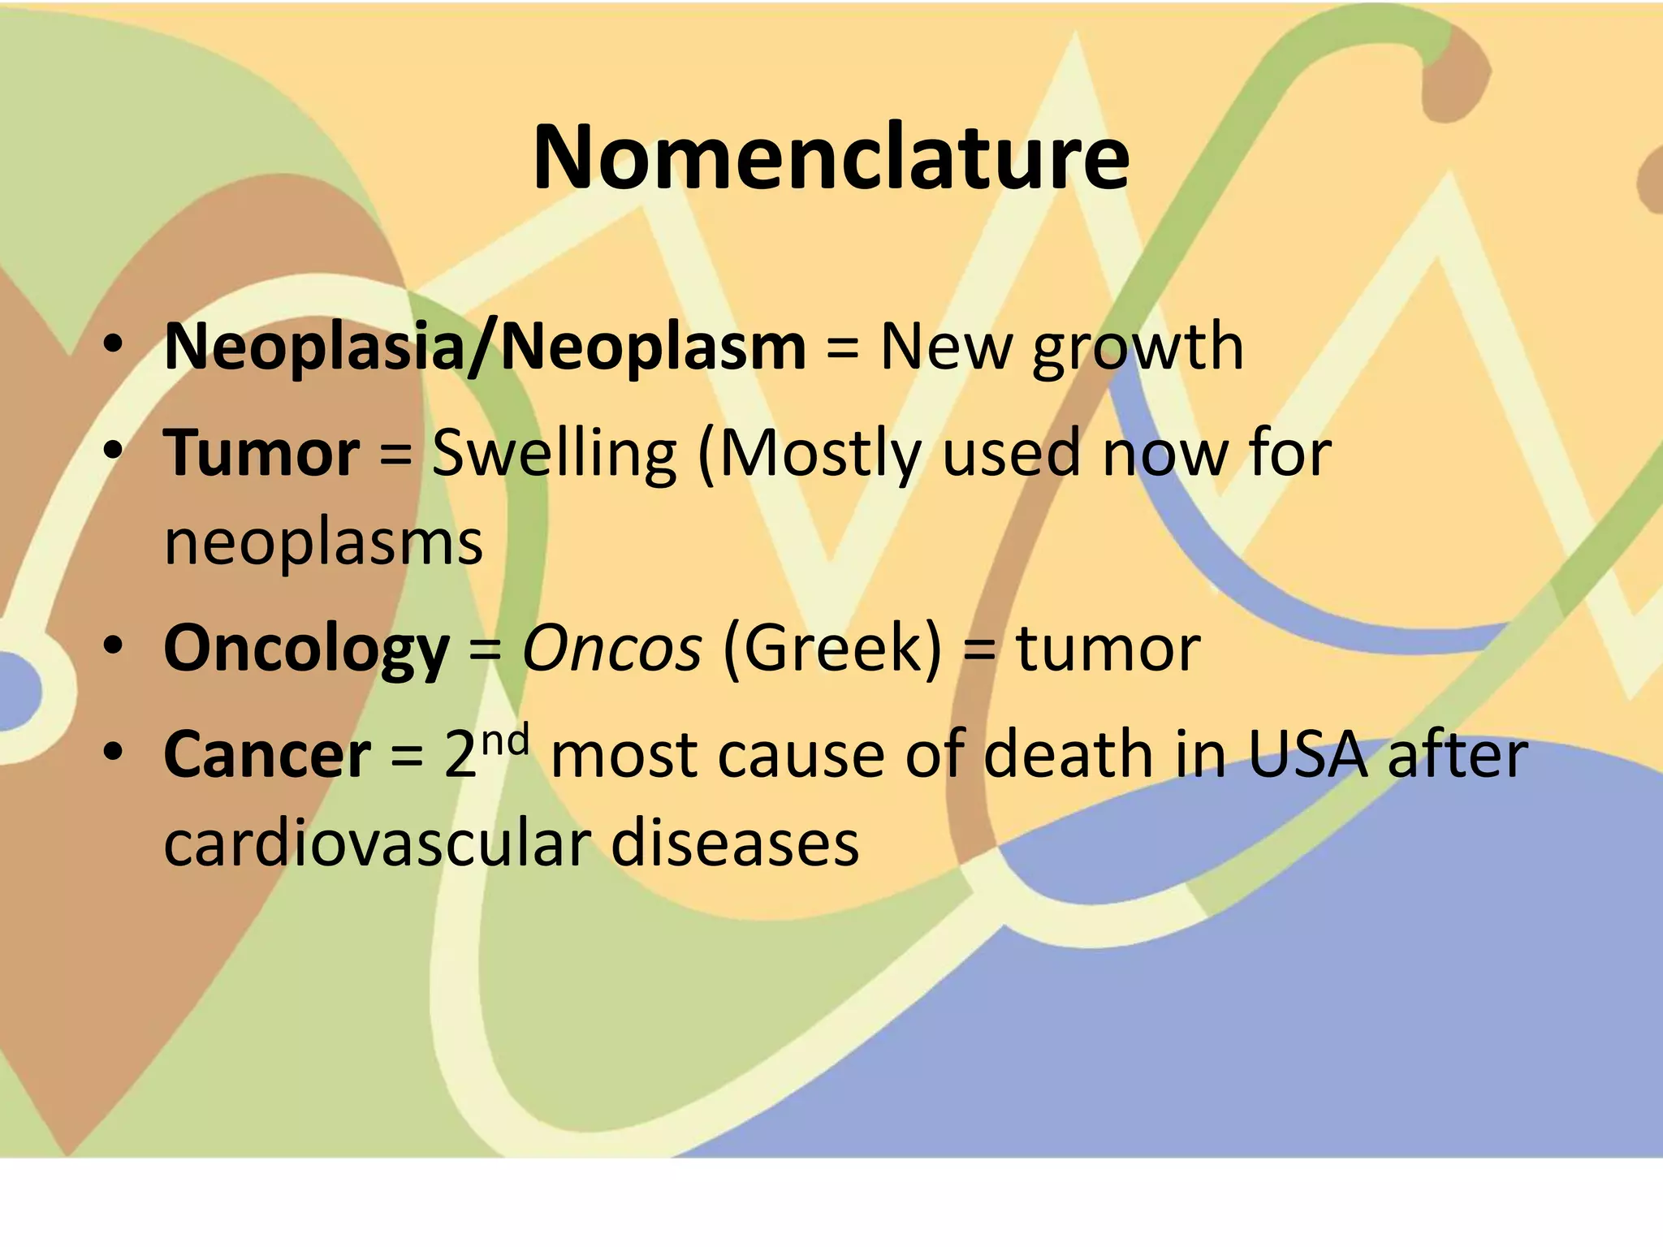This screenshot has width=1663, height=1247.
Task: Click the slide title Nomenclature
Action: (x=831, y=157)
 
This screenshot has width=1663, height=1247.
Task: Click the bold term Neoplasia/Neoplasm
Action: (x=485, y=347)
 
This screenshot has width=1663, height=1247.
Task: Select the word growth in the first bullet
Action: (x=1138, y=349)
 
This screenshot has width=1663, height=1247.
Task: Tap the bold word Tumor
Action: (x=261, y=453)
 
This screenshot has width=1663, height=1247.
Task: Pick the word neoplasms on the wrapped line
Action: (x=323, y=542)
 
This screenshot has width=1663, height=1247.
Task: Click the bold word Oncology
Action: (x=306, y=649)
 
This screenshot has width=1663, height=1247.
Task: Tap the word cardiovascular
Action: (x=376, y=843)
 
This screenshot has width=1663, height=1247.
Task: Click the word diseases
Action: (x=734, y=843)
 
